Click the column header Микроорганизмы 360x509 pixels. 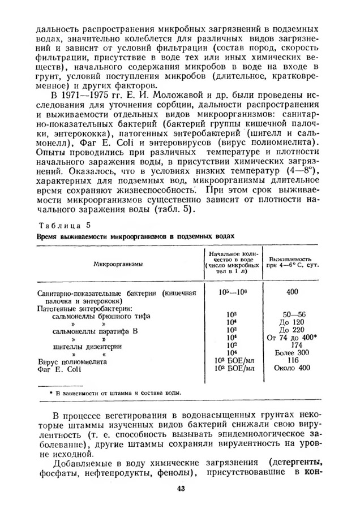point(118,264)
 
